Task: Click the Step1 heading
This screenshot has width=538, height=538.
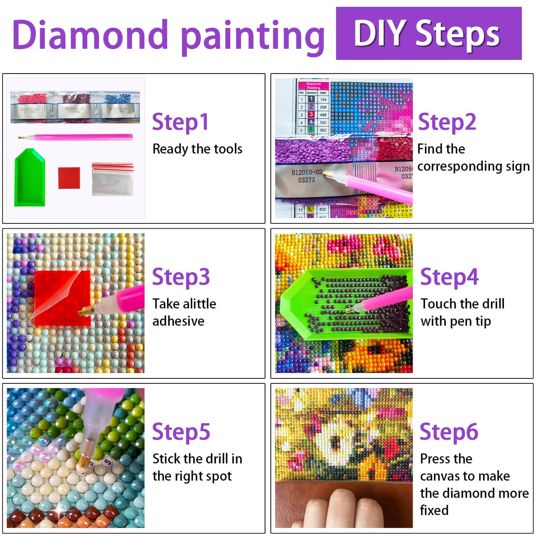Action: tap(180, 122)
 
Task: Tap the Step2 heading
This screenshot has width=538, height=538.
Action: tap(447, 122)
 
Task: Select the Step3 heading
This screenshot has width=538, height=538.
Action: tap(181, 277)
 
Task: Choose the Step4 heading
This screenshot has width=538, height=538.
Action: tap(449, 277)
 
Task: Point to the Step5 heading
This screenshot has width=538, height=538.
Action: tap(181, 432)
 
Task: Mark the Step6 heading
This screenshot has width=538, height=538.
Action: tap(448, 432)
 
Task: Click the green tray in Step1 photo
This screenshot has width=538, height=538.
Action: tap(30, 179)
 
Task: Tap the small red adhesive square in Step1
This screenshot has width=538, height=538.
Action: tap(69, 178)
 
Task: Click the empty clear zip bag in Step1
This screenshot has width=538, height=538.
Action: tap(113, 179)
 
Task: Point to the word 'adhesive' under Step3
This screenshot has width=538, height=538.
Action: tap(178, 321)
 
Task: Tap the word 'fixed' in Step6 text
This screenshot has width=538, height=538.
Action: tap(434, 510)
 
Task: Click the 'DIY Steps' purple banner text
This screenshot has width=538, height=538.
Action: tap(428, 34)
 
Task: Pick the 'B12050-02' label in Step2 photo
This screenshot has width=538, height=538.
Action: tap(307, 172)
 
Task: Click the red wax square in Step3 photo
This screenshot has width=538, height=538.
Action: tap(62, 298)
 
